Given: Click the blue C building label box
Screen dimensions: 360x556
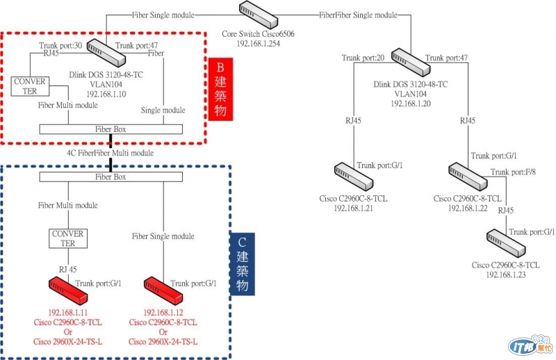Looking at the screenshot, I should click(x=242, y=262).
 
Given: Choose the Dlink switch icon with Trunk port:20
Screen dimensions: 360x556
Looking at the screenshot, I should click(x=410, y=60).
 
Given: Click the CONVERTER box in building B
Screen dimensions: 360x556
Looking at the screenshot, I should click(x=29, y=86).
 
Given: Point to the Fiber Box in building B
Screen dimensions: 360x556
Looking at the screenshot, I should click(x=111, y=129).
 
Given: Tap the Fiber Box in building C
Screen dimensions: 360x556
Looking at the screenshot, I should click(x=111, y=177).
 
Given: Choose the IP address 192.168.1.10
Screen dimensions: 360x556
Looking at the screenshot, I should click(x=106, y=93).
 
